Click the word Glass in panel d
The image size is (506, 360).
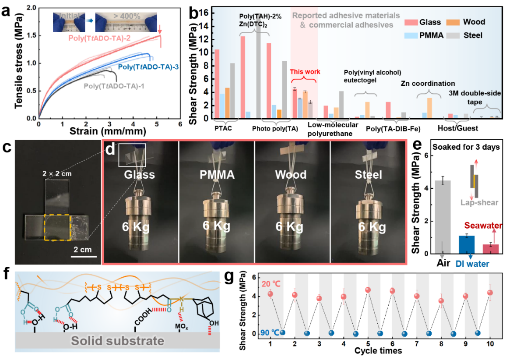pos(139,175)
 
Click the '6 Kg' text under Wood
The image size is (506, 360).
pos(292,227)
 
